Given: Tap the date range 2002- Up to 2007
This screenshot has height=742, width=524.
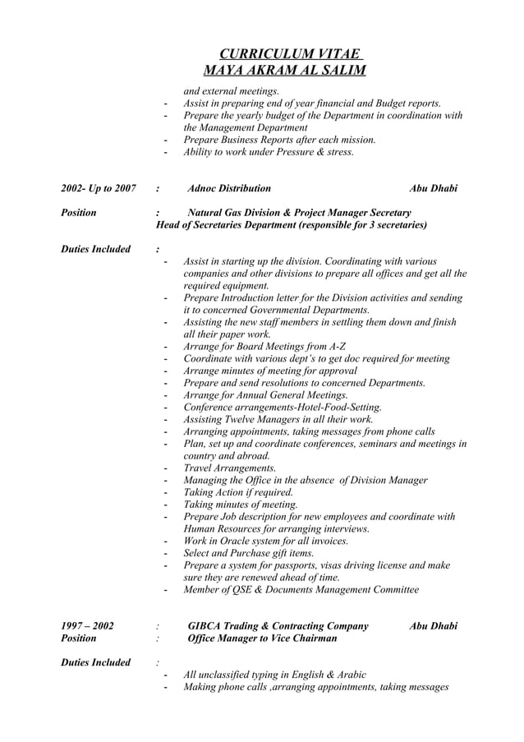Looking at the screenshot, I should [99, 189].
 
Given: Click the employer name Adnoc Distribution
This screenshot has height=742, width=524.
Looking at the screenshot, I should [229, 189].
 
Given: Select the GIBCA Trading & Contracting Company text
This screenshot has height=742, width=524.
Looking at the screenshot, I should [278, 626].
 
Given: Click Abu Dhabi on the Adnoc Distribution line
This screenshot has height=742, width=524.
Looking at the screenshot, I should [433, 189].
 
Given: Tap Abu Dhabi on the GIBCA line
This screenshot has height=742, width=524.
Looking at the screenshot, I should [433, 626].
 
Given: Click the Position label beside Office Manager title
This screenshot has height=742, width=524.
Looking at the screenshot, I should [79, 638].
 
